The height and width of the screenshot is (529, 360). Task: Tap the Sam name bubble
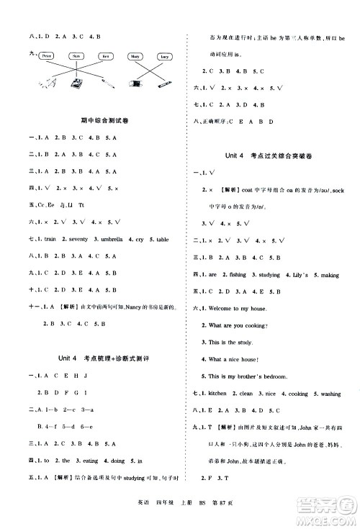[76, 55]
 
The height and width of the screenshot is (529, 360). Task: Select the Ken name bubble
[104, 55]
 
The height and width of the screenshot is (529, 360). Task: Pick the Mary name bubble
[135, 55]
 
